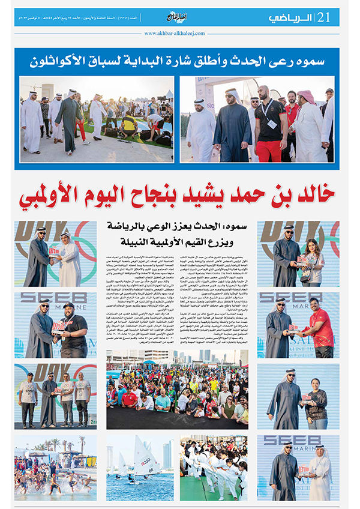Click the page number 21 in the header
[326, 17]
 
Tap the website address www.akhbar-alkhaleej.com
[180, 34]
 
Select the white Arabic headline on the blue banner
[180, 61]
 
